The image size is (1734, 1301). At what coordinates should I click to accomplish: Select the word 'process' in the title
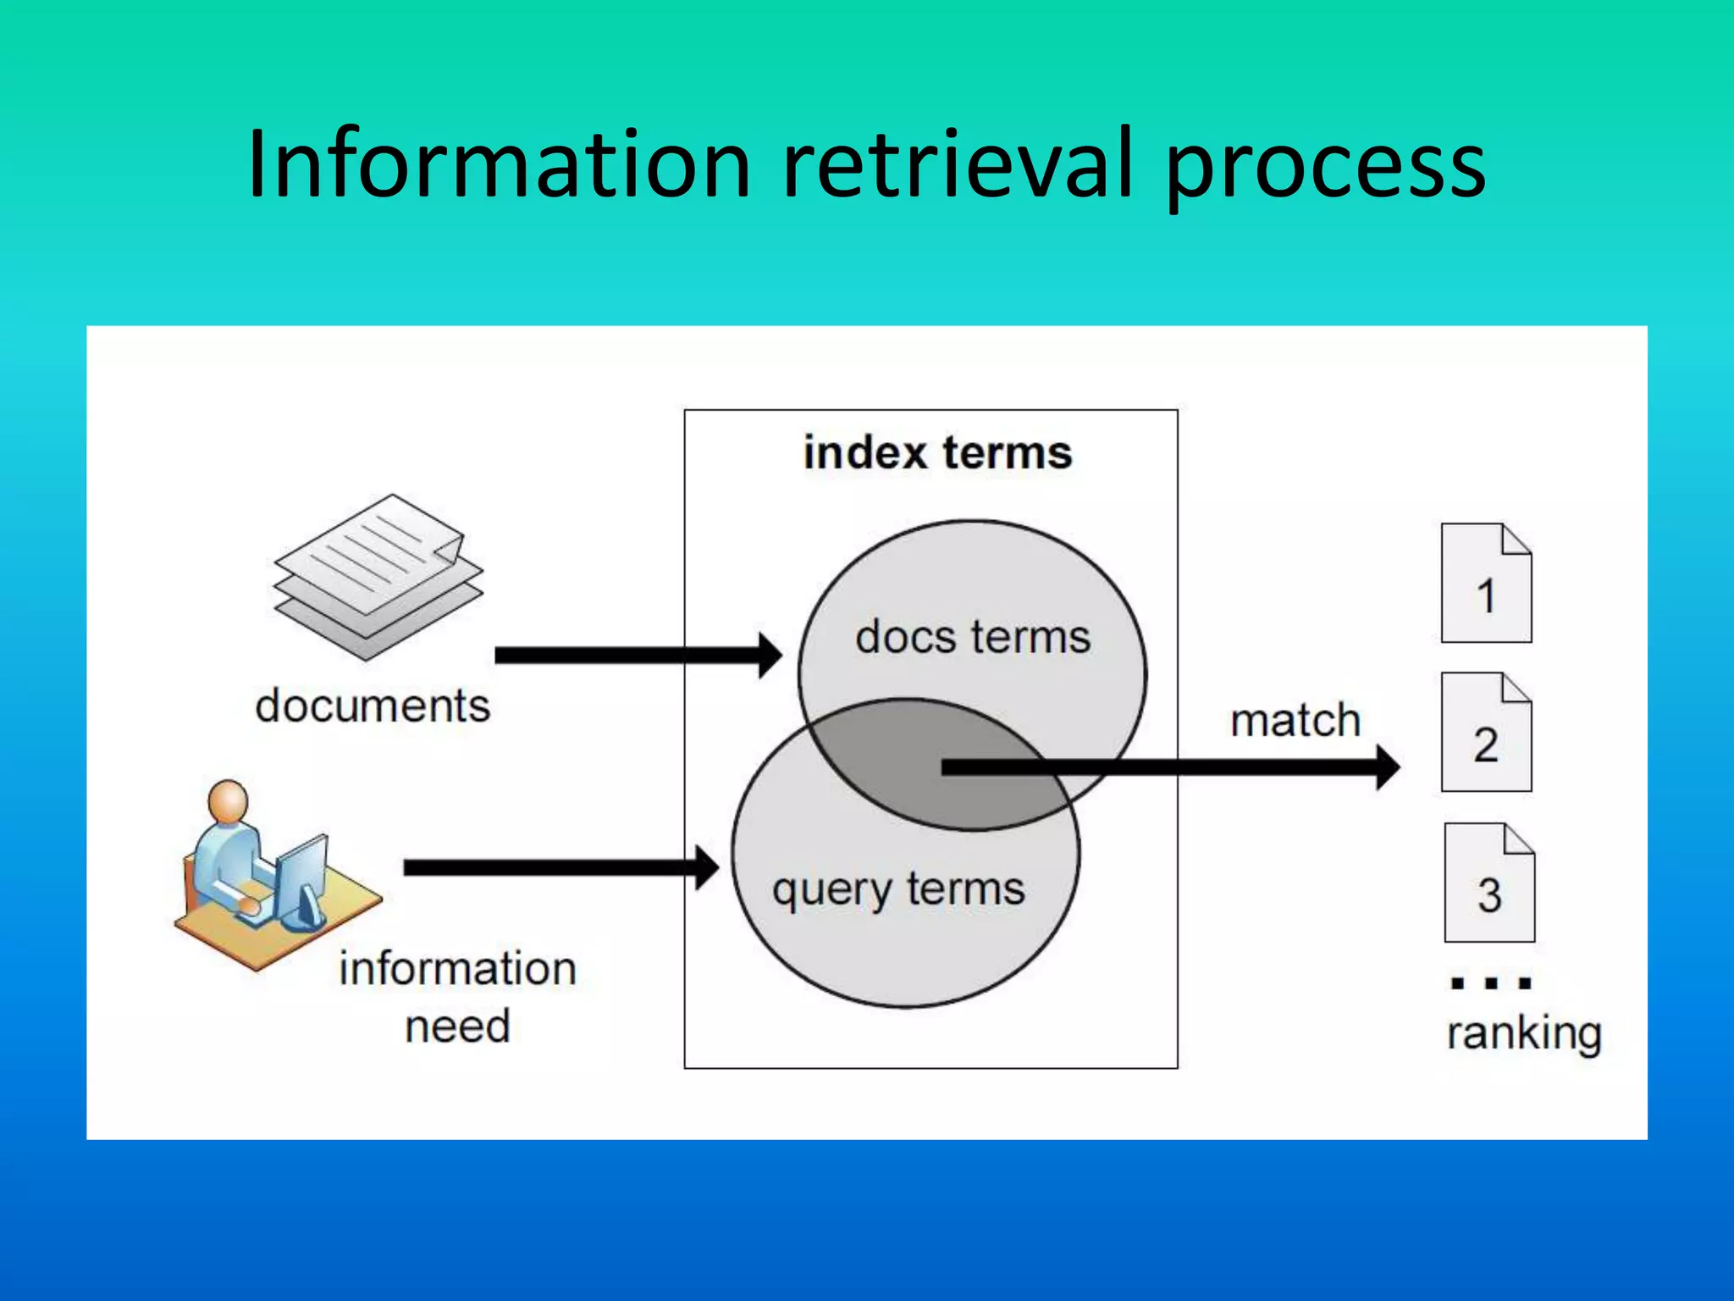(1325, 169)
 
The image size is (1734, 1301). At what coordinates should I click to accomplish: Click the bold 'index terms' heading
(937, 452)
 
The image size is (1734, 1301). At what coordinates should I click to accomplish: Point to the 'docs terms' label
(973, 637)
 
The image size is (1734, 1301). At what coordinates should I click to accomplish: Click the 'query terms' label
(898, 889)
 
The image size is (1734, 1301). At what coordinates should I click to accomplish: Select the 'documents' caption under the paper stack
(373, 706)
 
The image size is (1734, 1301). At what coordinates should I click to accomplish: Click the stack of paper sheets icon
(378, 576)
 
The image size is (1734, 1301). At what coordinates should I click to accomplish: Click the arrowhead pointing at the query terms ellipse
(707, 867)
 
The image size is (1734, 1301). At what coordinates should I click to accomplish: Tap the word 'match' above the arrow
(1295, 721)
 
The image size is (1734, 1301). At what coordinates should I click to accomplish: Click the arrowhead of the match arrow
(1386, 767)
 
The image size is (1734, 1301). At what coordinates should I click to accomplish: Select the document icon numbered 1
(1486, 584)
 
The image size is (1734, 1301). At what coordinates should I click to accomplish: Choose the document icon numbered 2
(1486, 734)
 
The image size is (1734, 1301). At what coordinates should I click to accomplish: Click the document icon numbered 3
(1489, 883)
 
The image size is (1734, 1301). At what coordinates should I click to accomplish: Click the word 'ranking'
(1524, 1033)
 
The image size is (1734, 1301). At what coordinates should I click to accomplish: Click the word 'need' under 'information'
(457, 1027)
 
